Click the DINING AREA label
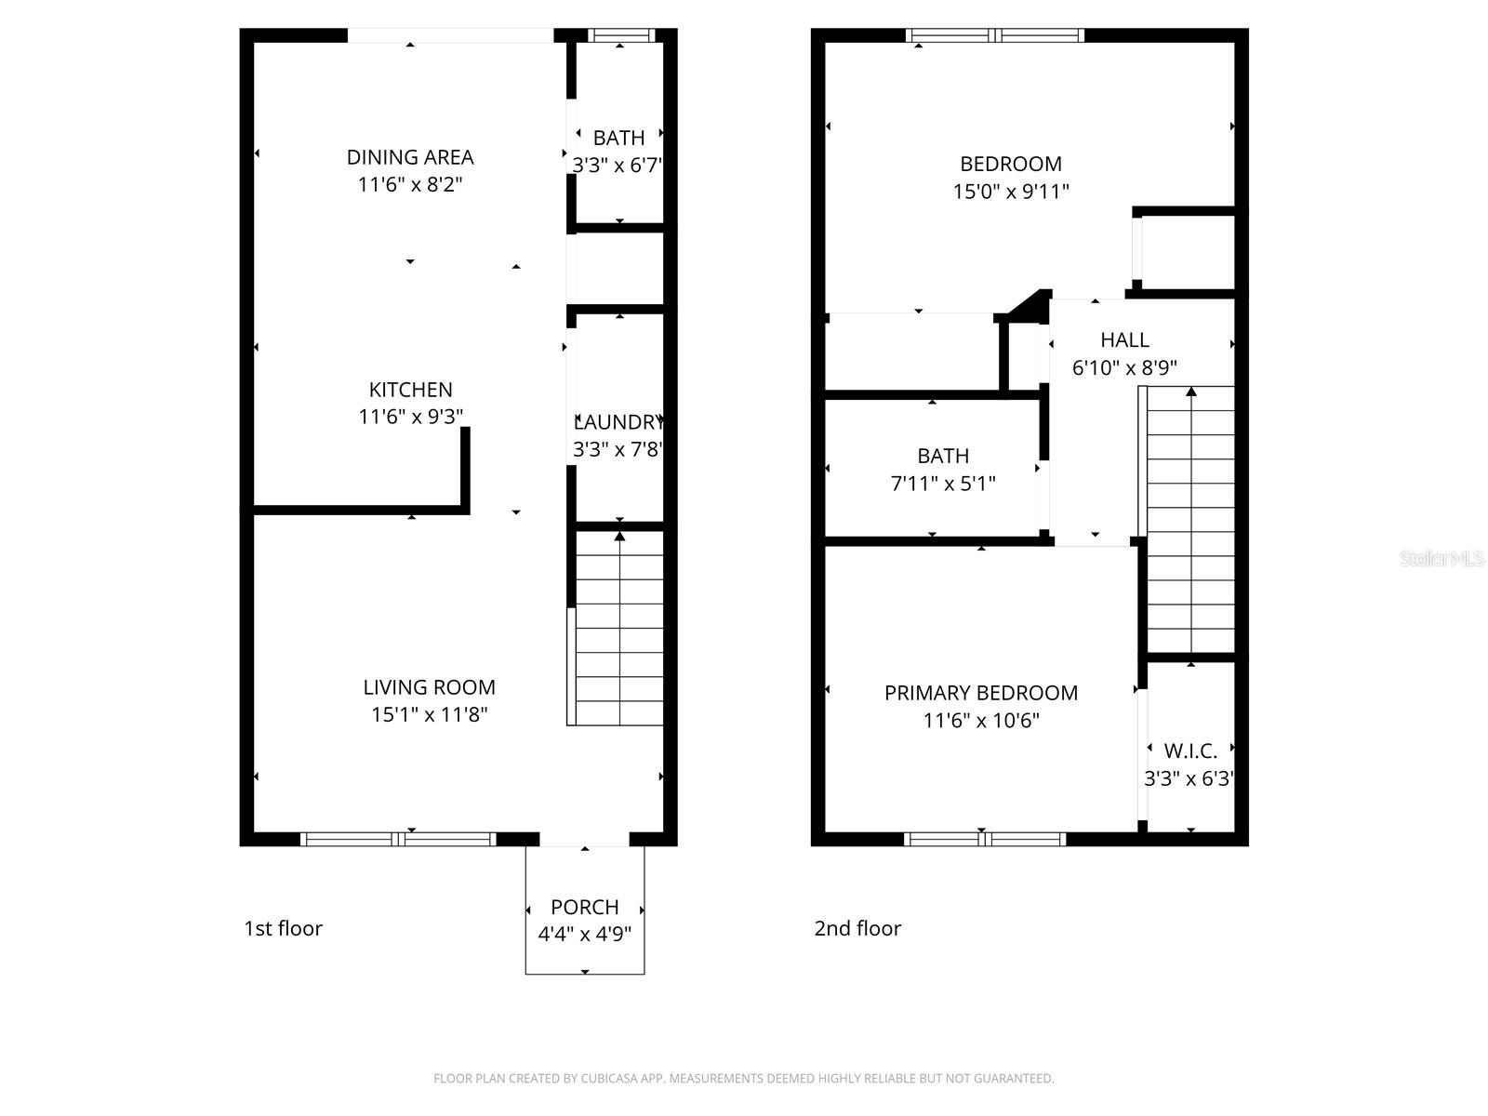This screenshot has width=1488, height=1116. (410, 157)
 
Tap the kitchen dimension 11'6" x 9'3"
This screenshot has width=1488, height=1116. (410, 417)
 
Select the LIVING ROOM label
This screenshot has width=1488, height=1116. (429, 687)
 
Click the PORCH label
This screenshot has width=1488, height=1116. (584, 907)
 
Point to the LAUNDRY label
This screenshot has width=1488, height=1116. (618, 422)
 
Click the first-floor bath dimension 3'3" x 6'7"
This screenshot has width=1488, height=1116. (618, 166)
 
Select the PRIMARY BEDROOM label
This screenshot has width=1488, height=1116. (980, 693)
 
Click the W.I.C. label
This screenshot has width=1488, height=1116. (1190, 751)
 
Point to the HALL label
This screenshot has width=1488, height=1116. (1124, 340)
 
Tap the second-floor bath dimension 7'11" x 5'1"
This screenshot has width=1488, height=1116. (943, 484)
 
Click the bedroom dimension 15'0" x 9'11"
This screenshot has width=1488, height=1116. (1010, 192)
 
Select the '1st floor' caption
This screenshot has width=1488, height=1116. (283, 928)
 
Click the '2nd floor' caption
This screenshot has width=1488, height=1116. (857, 928)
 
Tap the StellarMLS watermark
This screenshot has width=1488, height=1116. (1441, 559)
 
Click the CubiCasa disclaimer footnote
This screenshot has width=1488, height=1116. (743, 1079)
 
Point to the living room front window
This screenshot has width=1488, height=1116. (398, 839)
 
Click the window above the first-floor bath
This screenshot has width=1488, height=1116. (621, 35)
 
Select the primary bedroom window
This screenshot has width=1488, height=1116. (985, 839)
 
